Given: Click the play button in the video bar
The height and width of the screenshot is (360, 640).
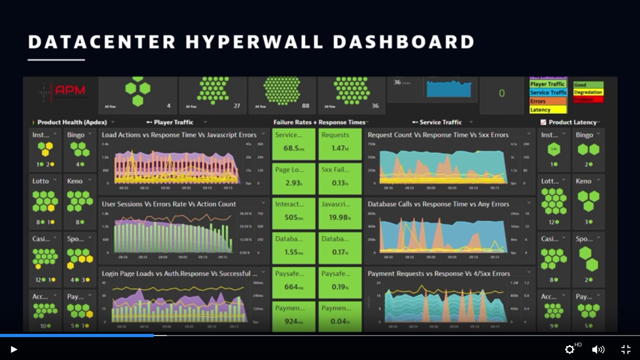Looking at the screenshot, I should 14,349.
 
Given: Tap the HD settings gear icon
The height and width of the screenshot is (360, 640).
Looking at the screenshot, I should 570,349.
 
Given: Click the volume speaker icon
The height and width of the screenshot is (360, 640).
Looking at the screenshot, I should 598,349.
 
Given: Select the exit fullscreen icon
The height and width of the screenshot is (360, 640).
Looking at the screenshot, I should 626,349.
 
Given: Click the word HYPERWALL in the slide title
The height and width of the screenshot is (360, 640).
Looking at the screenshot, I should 254,42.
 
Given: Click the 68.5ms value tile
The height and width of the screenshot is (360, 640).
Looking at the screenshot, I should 294,144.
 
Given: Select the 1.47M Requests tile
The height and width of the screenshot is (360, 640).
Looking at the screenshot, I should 340,144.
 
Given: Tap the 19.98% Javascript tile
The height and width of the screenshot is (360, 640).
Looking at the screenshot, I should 340,214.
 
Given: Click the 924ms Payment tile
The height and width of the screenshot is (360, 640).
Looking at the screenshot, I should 294,317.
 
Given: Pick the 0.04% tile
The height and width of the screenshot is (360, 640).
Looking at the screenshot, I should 340,317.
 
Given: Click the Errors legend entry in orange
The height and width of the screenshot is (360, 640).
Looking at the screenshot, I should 548,101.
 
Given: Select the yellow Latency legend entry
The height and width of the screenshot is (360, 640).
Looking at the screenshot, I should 548,110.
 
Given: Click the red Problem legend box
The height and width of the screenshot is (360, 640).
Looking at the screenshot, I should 588,99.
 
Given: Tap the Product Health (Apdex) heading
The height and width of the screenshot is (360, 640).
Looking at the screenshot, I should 72,122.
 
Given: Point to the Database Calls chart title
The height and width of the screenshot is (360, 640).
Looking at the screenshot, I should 438,204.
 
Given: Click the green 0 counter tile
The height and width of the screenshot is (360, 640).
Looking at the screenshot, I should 502,94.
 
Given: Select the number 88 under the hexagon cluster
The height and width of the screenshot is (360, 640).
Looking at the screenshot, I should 305,106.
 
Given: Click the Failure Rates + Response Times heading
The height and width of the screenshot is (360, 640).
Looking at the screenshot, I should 320,122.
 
